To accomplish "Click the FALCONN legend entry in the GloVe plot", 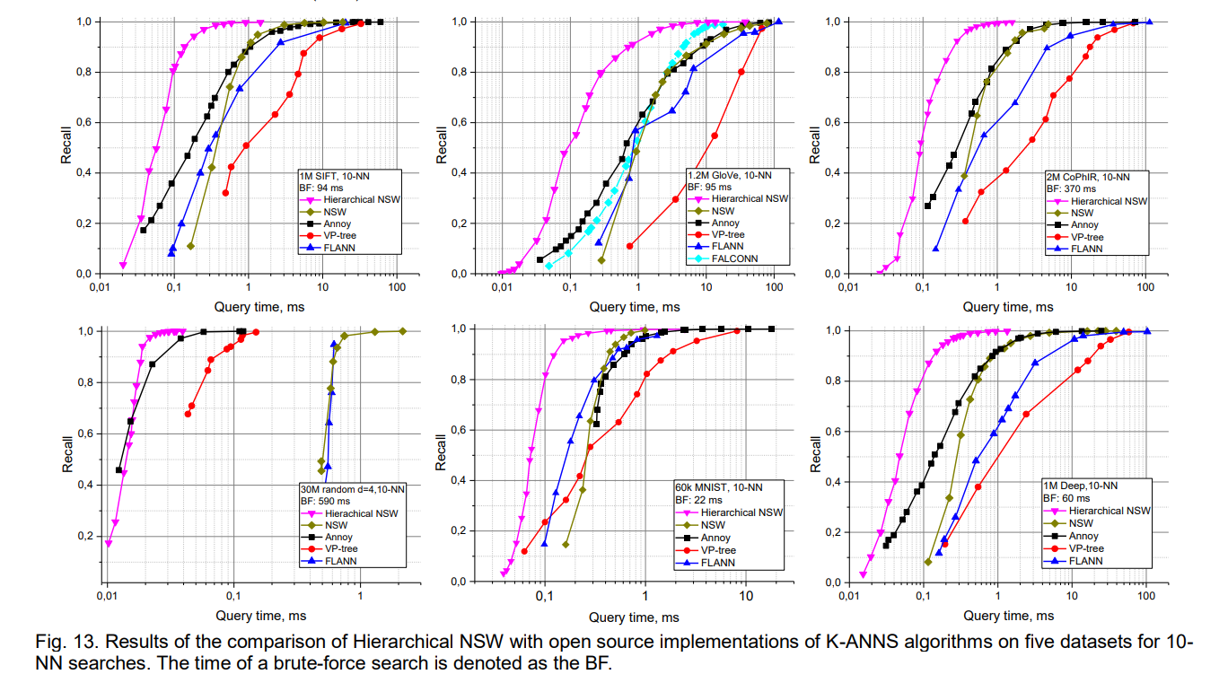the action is pos(723,258).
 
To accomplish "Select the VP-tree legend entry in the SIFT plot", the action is pos(328,236).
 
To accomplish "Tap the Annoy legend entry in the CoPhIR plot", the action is pos(1073,224).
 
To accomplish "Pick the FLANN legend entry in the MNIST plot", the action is pos(705,563).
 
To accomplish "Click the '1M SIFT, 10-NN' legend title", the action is pos(334,176).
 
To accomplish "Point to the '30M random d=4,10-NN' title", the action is pos(353,489).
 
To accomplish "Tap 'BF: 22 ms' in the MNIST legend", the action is pos(698,500).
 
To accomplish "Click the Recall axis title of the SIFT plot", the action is pos(66,145).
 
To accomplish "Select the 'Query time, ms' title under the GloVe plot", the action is pos(635,307).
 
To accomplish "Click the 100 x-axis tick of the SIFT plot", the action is pos(397,287).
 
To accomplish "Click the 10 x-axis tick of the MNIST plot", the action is pos(746,597).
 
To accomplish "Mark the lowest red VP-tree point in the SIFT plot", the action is pos(225,193).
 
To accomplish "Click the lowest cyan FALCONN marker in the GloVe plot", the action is pos(548,266).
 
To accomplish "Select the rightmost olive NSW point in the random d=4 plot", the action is pos(403,331).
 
